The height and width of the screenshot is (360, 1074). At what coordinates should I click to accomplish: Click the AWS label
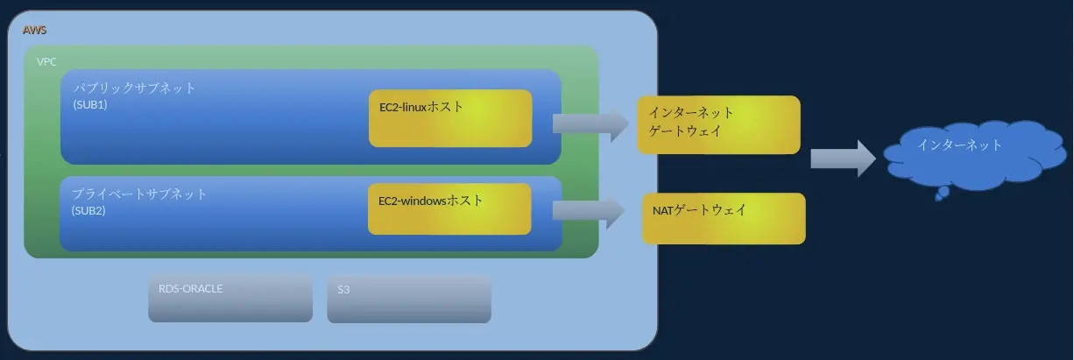coord(34,30)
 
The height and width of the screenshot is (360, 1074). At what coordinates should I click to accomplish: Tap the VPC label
coord(46,61)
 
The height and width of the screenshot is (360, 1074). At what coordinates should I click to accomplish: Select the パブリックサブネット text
coord(134,88)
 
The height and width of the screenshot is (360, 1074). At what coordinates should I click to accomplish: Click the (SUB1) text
coord(90,105)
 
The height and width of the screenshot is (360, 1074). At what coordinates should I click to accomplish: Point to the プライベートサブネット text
coord(139,194)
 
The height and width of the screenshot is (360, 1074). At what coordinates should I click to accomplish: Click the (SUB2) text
coord(88,210)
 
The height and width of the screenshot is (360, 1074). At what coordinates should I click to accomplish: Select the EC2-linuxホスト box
coord(450,118)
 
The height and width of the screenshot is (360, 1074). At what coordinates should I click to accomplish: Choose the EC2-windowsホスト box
coord(449,208)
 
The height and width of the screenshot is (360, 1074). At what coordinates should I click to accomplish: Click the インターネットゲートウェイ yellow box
coord(718,124)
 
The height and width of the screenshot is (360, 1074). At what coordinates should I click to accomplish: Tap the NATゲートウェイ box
coord(724,218)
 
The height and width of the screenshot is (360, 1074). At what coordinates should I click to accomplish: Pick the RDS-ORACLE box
coord(230,298)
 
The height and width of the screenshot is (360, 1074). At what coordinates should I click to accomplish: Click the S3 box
coord(409,300)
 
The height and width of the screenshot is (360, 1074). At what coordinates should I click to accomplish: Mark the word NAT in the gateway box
coord(663,210)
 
